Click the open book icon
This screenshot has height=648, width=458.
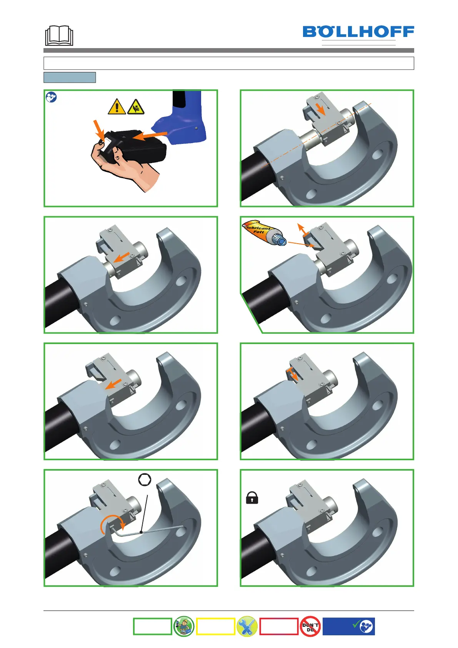(59, 35)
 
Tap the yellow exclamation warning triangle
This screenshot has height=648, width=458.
(117, 107)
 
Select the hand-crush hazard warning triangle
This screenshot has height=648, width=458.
(135, 107)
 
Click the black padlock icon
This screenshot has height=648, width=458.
(252, 498)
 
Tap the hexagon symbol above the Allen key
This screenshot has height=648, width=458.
(145, 479)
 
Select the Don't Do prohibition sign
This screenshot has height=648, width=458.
(310, 626)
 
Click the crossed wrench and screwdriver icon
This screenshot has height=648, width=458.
(246, 626)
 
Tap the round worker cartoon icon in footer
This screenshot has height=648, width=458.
(183, 626)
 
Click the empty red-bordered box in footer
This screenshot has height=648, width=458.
(279, 626)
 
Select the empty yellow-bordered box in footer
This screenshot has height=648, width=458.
(215, 626)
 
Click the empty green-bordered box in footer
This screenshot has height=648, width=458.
(152, 626)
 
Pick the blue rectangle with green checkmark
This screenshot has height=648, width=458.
(348, 626)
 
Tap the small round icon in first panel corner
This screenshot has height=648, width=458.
(51, 97)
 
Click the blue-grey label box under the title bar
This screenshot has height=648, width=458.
(70, 77)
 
